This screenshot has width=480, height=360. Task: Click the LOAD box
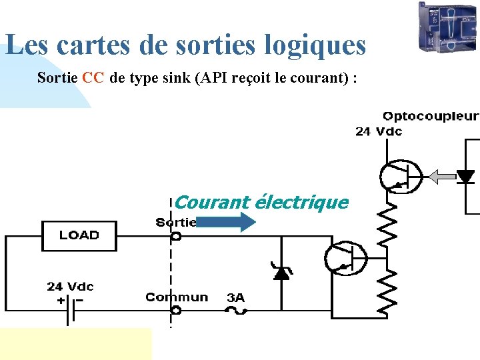point(79,235)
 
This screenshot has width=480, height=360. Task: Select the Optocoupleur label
point(430,117)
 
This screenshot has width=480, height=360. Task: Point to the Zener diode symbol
point(282,271)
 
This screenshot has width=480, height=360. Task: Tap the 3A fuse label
point(235,297)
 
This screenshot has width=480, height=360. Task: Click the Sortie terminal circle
point(176,236)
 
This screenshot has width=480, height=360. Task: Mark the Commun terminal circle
point(176,310)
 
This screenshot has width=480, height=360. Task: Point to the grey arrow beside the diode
point(440,177)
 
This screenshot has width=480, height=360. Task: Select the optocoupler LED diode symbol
point(465,177)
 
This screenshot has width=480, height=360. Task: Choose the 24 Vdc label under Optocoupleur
point(379,131)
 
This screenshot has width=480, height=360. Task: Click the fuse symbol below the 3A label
point(235,310)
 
